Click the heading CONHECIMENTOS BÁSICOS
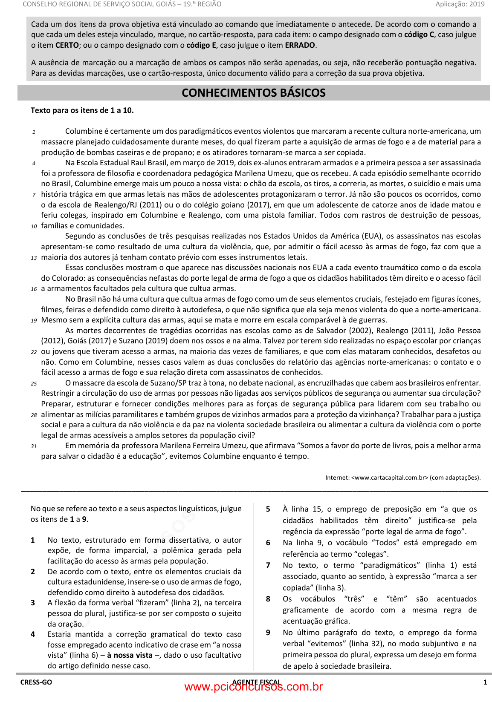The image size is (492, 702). pyautogui.click(x=253, y=93)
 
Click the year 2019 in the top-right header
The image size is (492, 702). pyautogui.click(x=477, y=4)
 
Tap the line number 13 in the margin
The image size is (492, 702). pyautogui.click(x=34, y=258)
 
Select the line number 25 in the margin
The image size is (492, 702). pyautogui.click(x=34, y=384)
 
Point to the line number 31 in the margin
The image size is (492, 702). pyautogui.click(x=34, y=446)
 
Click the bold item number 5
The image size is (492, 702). pyautogui.click(x=268, y=509)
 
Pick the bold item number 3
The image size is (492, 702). pyautogui.click(x=33, y=603)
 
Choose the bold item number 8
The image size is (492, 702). pyautogui.click(x=268, y=599)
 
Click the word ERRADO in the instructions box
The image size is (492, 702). pyautogui.click(x=300, y=45)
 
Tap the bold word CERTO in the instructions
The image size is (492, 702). pyautogui.click(x=67, y=45)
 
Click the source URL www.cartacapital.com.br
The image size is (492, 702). pyautogui.click(x=389, y=478)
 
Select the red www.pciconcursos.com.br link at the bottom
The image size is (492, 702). pyautogui.click(x=254, y=687)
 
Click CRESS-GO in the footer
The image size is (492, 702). pyautogui.click(x=36, y=682)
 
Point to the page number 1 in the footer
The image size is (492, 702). pyautogui.click(x=485, y=682)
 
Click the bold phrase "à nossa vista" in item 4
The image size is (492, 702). pyautogui.click(x=130, y=655)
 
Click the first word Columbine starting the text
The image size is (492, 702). pyautogui.click(x=84, y=131)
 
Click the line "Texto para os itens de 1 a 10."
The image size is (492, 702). pyautogui.click(x=82, y=110)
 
